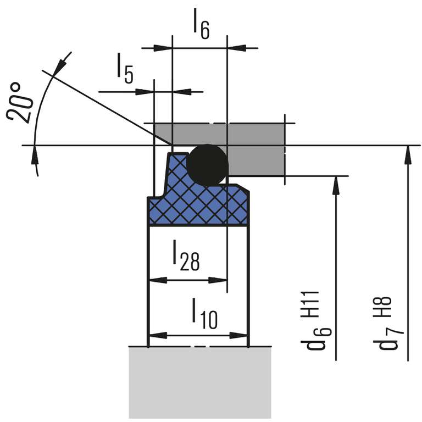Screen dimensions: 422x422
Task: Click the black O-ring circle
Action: point(207,164)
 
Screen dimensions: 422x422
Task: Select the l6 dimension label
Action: point(201,25)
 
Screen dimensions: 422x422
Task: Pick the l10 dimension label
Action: point(204,313)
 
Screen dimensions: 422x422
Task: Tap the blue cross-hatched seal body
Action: point(198,206)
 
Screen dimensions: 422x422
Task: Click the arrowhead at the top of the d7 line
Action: point(407,154)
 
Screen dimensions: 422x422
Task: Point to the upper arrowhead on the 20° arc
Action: point(61,64)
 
